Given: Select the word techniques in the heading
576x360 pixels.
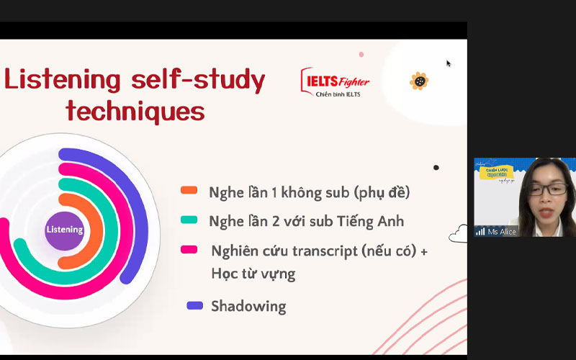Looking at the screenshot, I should tap(135, 112).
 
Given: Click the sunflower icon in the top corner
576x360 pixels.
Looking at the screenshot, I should tap(419, 81).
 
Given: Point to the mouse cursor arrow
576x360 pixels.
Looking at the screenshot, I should tap(449, 63).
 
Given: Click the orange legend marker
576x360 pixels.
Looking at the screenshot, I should tap(189, 191).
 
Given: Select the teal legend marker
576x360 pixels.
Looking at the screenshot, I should tap(189, 220).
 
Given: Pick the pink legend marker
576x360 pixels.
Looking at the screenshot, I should tap(189, 250).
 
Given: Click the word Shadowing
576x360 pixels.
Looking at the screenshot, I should tap(248, 306).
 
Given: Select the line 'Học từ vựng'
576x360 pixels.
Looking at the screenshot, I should tap(253, 274).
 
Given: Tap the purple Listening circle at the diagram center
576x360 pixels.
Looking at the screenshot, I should tap(65, 230).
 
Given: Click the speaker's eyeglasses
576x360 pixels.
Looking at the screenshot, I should tap(546, 190).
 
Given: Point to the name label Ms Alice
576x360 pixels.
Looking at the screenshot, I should tap(502, 232).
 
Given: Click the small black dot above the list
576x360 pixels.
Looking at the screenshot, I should tap(436, 168).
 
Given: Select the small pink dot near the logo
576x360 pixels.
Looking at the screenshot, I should tap(361, 54).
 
